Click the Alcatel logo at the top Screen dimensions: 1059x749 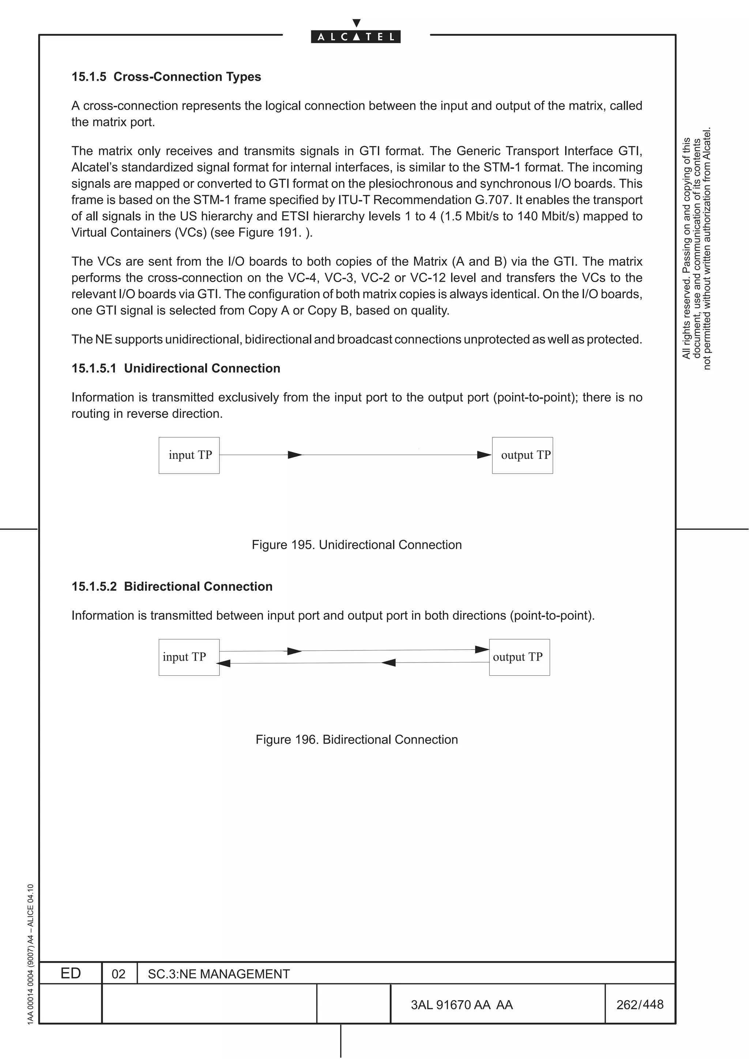coord(355,36)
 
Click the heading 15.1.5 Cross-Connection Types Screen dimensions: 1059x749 coord(166,77)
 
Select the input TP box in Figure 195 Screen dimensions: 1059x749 coord(189,455)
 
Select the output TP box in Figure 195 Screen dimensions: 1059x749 coord(522,455)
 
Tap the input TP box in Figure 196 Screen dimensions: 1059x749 coord(189,657)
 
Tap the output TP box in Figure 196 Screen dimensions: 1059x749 coord(519,657)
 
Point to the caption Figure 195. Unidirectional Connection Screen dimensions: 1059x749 coord(356,545)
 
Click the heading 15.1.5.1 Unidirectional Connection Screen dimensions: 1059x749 coord(176,368)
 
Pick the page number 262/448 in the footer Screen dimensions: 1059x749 coord(640,1004)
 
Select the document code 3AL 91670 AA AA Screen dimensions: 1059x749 coord(462,1005)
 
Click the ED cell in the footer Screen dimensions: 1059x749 coord(71,973)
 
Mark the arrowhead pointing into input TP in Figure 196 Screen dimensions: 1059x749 coord(223,663)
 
